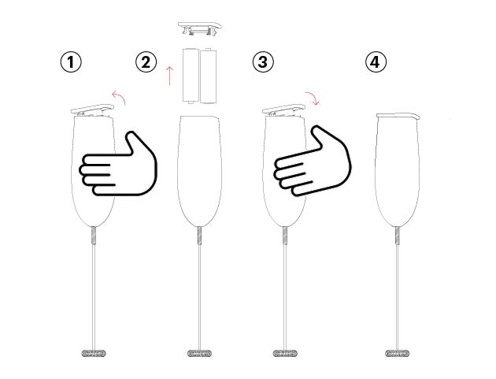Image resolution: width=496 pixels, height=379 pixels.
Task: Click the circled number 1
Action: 71,61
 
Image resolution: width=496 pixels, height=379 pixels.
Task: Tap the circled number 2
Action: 146,61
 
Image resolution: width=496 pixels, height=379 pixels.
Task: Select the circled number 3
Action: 263,61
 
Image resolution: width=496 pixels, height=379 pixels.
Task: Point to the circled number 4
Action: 376,61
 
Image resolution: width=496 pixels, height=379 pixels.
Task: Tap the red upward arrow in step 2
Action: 170,76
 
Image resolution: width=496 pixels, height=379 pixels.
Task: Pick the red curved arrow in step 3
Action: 313,96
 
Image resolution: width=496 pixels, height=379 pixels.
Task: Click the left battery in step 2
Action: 191,76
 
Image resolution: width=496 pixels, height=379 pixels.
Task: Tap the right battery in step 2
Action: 209,76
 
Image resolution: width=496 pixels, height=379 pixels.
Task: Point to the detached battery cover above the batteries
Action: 200,28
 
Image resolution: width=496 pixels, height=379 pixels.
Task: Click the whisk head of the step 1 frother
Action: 94,353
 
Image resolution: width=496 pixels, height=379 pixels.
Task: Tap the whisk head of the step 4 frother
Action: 397,353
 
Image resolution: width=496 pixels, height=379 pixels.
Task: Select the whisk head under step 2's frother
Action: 200,353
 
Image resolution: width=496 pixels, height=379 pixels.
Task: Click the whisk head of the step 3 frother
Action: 285,353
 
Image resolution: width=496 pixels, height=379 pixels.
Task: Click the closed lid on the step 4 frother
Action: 398,116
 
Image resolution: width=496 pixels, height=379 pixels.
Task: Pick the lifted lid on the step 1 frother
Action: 92,110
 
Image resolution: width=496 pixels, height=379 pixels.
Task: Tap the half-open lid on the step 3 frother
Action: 283,110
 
